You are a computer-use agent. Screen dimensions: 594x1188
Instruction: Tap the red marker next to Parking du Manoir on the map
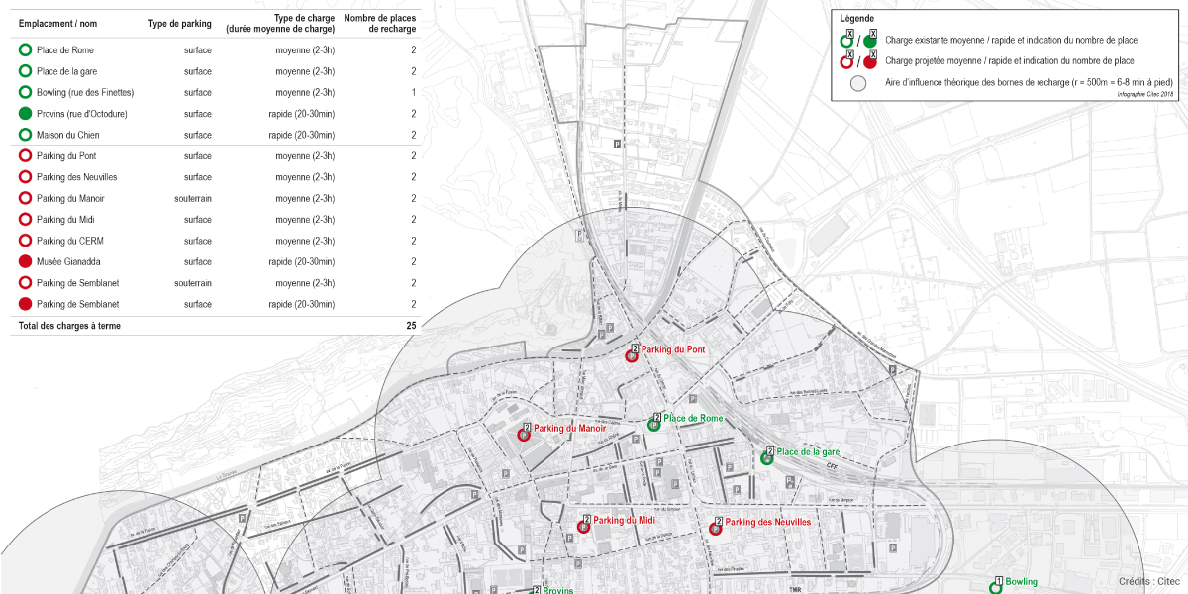pos(525,435)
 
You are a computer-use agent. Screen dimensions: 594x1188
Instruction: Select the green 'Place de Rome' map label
pos(693,419)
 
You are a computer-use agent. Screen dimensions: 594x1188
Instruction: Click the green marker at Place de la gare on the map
pos(766,458)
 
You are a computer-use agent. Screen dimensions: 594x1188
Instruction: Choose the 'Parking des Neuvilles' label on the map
pos(767,522)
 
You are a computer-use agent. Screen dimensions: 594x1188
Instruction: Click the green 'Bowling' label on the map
pos(1021,582)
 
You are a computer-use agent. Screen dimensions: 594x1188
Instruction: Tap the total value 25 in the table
pos(411,326)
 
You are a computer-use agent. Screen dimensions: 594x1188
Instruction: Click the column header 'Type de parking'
pos(179,23)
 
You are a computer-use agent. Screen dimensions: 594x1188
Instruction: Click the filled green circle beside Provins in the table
pos(25,114)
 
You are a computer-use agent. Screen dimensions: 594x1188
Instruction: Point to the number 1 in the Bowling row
pos(413,93)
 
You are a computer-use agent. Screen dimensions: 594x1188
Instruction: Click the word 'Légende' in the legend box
pos(856,18)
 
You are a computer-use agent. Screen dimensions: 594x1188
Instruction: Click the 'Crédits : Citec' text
pos(1148,582)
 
